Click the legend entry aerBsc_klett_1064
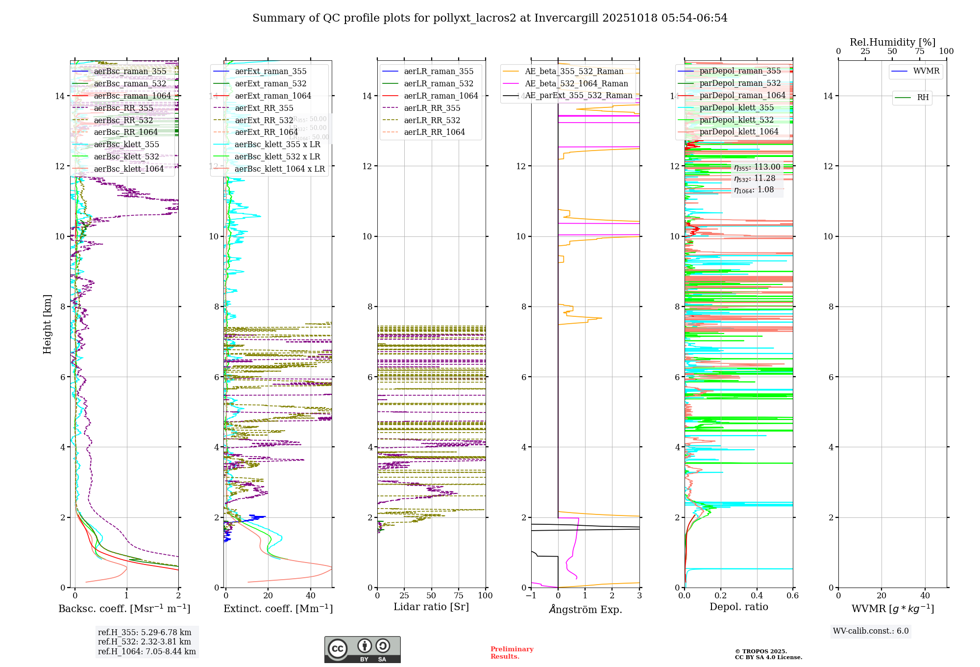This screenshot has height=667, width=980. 129,169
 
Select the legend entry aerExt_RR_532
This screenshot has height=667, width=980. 264,120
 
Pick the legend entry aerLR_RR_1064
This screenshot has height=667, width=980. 434,132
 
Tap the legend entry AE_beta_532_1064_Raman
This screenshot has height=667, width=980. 576,83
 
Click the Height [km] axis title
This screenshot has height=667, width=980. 47,324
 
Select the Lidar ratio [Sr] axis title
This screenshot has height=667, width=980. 431,607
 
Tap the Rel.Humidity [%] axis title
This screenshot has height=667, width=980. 892,42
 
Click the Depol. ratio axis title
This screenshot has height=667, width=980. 738,607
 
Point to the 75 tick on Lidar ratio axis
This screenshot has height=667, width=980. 459,595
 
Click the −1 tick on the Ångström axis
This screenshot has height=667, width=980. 531,595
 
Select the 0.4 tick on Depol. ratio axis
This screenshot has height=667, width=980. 757,595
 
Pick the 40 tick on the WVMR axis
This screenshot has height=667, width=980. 925,595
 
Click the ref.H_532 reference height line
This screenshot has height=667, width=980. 144,641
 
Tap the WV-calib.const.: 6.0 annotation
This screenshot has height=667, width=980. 871,631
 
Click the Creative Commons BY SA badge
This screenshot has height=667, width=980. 362,649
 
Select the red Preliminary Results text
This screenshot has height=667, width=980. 512,652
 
